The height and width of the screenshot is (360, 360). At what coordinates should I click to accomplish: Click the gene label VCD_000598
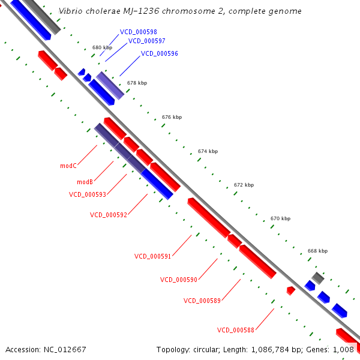(139, 32)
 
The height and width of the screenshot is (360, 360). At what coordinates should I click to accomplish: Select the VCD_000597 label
(147, 41)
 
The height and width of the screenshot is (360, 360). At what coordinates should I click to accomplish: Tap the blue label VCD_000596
(160, 53)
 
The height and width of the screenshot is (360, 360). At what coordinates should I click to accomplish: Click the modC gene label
(68, 166)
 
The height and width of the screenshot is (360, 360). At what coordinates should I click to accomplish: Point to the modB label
(85, 182)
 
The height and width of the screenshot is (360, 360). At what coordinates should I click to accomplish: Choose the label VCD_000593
(88, 194)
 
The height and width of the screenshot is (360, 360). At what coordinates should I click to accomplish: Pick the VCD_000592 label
(109, 215)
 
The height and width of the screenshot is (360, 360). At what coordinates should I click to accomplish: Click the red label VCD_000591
(153, 256)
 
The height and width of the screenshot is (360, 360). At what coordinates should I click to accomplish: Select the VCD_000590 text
(179, 280)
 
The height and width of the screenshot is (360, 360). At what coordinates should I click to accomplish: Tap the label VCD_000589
(202, 301)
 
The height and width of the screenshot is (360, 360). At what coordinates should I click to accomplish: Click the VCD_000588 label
(236, 330)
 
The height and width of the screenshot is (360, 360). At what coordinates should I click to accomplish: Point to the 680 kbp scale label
(102, 47)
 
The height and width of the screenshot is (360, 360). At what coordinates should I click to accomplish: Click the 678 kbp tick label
(137, 83)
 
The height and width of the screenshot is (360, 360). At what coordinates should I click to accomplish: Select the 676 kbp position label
(172, 118)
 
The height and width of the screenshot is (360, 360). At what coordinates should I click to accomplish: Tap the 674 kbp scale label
(208, 152)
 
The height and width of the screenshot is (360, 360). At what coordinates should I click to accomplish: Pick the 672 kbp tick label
(244, 185)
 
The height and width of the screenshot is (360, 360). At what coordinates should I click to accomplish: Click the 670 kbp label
(280, 219)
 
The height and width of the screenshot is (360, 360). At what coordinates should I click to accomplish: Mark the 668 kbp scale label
(317, 251)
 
